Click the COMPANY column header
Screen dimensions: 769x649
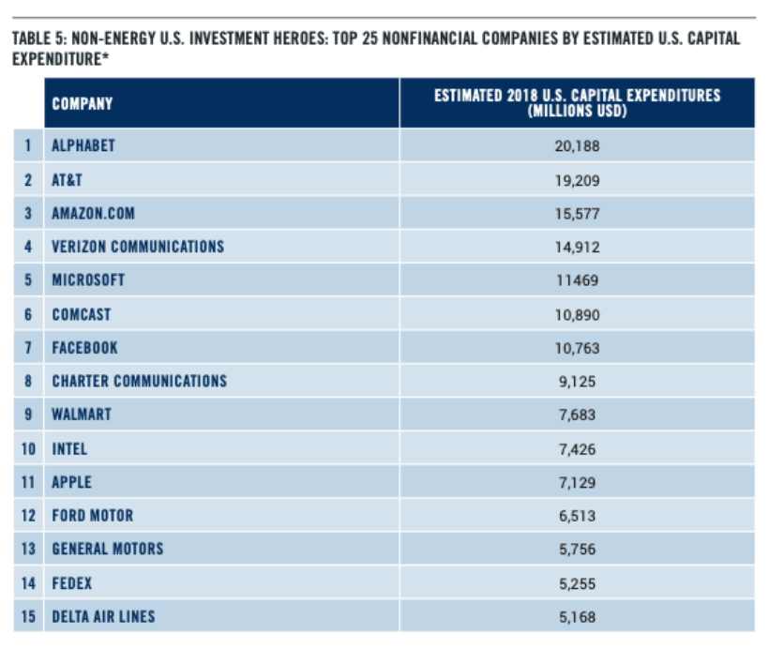(x=83, y=103)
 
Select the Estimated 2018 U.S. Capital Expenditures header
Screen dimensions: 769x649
(x=578, y=103)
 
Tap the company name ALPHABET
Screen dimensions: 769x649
(x=83, y=145)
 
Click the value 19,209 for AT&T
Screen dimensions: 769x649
(x=578, y=180)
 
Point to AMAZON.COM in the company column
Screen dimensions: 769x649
(x=93, y=214)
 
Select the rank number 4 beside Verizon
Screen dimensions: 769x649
(x=28, y=247)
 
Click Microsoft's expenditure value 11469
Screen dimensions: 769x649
(x=578, y=280)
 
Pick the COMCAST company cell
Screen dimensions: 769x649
(x=82, y=314)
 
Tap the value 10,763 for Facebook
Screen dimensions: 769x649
(x=578, y=348)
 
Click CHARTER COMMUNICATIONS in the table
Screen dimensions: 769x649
(x=140, y=381)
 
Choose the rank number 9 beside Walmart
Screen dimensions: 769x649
(x=28, y=415)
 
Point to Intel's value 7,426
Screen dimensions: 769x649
(x=578, y=449)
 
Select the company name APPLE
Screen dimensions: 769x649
(x=71, y=482)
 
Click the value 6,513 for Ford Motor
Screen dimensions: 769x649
(x=578, y=516)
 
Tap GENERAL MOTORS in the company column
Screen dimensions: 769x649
(x=108, y=549)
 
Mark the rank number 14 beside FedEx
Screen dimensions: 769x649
(x=28, y=583)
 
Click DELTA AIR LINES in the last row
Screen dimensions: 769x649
(x=103, y=616)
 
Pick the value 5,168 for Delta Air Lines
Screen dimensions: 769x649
(x=578, y=617)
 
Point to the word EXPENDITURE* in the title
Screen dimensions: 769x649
(x=60, y=59)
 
